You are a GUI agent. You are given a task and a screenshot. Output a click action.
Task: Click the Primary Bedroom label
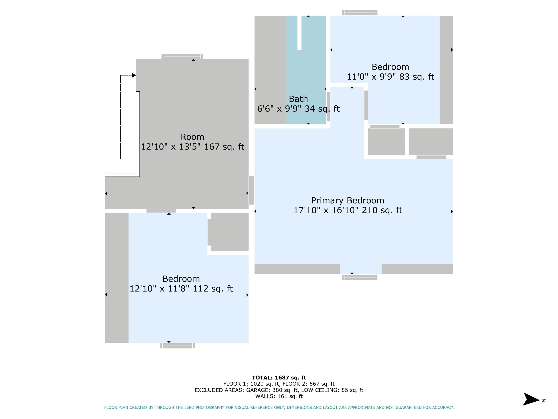pyautogui.click(x=348, y=201)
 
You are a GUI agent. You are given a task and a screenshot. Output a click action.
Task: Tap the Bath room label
pyautogui.click(x=298, y=99)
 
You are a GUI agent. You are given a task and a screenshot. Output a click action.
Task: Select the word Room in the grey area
pyautogui.click(x=193, y=137)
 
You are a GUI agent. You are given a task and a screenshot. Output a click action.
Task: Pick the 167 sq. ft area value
pyautogui.click(x=224, y=147)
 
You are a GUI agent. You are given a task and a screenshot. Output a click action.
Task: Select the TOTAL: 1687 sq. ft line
pyautogui.click(x=279, y=378)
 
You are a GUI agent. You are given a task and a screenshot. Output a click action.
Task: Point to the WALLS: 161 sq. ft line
pyautogui.click(x=279, y=396)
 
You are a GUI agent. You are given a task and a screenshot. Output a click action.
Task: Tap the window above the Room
pyautogui.click(x=182, y=56)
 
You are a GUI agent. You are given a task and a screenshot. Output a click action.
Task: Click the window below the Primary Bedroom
pyautogui.click(x=359, y=277)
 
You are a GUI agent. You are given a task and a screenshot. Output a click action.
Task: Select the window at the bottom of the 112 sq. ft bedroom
pyautogui.click(x=177, y=346)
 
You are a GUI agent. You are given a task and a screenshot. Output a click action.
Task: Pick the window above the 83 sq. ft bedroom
pyautogui.click(x=359, y=13)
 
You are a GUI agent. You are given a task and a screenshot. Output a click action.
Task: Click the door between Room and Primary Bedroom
pyautogui.click(x=252, y=190)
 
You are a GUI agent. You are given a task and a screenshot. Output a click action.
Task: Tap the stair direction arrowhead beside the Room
pyautogui.click(x=134, y=75)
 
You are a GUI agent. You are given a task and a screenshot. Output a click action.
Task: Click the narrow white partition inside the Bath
pyautogui.click(x=299, y=33)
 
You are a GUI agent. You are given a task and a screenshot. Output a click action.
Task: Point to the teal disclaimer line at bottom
pyautogui.click(x=279, y=407)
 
